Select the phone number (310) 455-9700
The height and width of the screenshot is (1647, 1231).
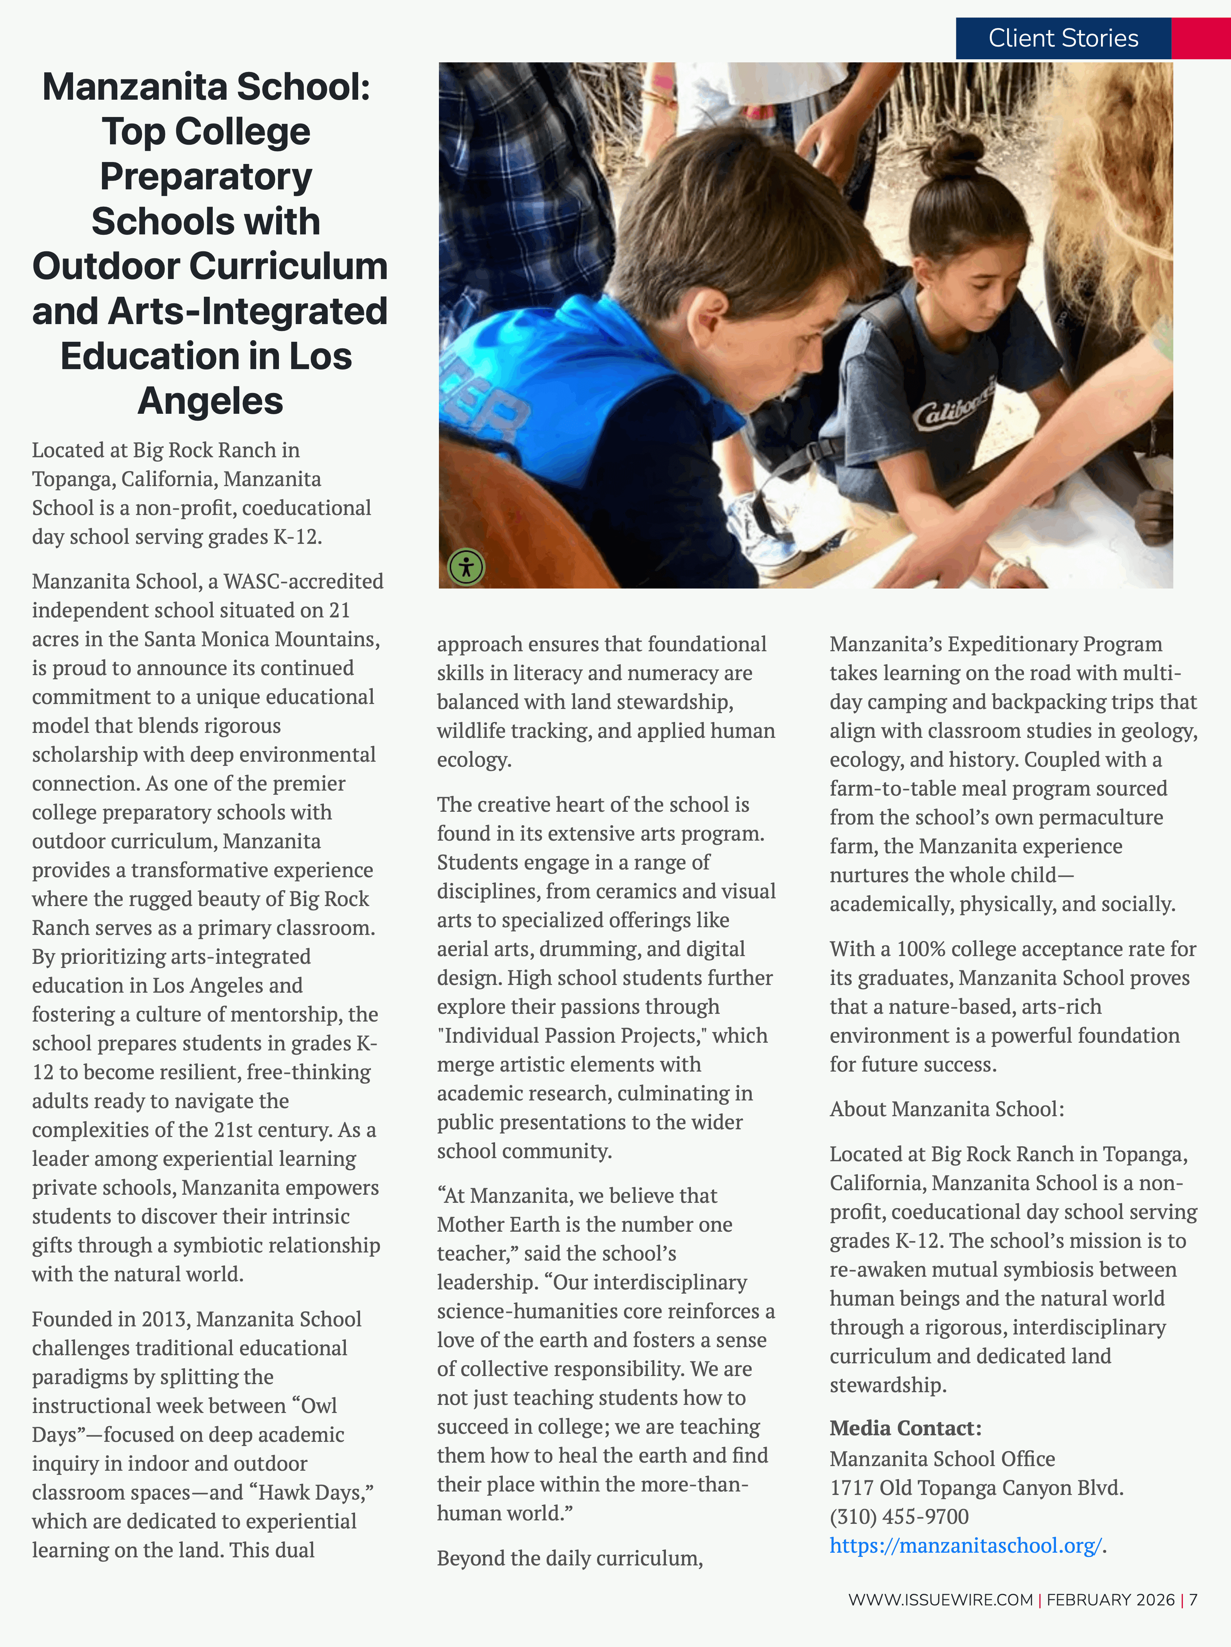pyautogui.click(x=899, y=1516)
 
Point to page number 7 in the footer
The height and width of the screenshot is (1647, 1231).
pyautogui.click(x=1194, y=1599)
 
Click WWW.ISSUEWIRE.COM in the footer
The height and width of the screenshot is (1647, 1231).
pyautogui.click(x=940, y=1599)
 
